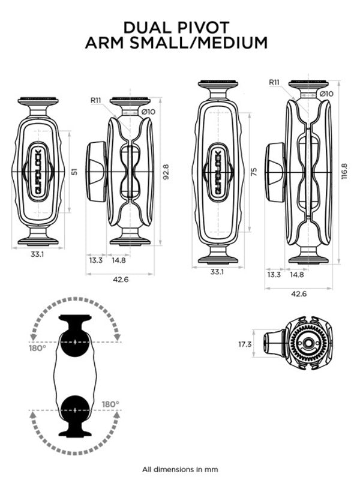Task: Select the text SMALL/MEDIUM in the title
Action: pyautogui.click(x=206, y=43)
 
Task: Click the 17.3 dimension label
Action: pyautogui.click(x=244, y=344)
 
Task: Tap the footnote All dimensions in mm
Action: pyautogui.click(x=180, y=469)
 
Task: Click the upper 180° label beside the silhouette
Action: pyautogui.click(x=37, y=347)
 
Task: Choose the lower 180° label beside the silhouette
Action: pyautogui.click(x=110, y=404)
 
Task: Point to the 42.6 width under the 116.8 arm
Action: pyautogui.click(x=298, y=293)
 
